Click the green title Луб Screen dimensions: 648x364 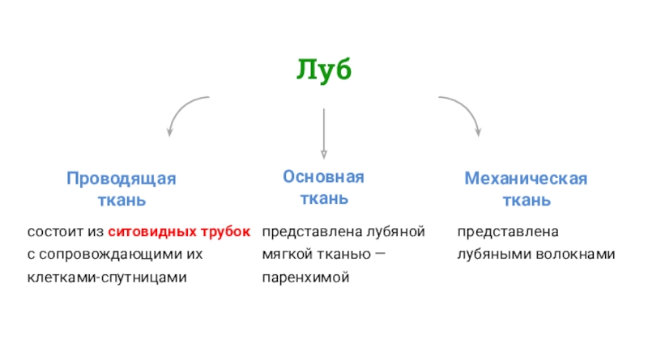coord(324,71)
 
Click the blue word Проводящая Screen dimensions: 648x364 coord(121,178)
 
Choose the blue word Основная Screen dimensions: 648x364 coord(324,176)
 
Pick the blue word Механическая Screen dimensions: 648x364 coord(526,178)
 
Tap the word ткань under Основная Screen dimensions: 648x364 coord(324,197)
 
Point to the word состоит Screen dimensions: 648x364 coord(54,232)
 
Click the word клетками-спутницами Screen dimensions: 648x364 coord(107,277)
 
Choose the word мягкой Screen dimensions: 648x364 coord(284,255)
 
